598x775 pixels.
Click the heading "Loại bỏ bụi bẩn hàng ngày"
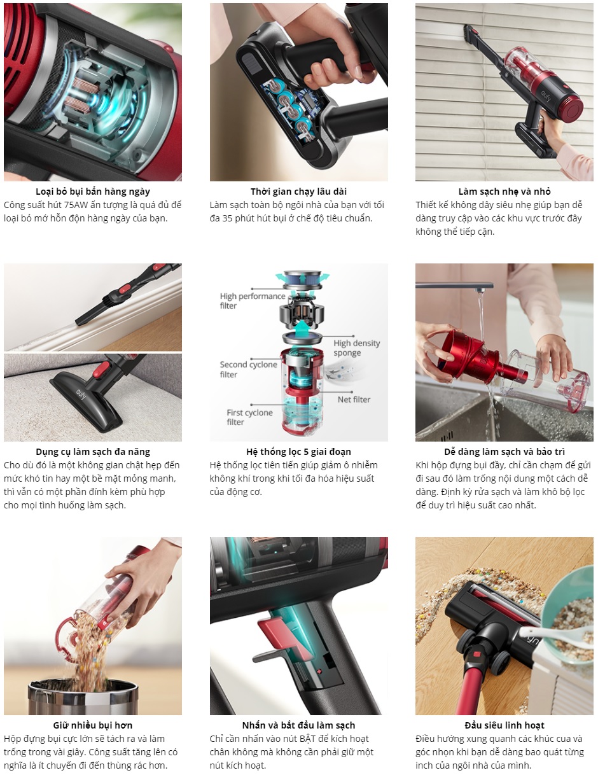click(93, 192)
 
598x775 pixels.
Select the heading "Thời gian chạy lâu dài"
click(298, 192)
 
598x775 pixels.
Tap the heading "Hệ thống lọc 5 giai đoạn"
click(298, 452)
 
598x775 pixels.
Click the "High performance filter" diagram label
click(252, 301)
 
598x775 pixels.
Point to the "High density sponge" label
click(357, 348)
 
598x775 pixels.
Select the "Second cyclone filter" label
click(248, 369)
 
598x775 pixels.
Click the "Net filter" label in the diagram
click(354, 400)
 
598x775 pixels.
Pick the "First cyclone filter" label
click(249, 417)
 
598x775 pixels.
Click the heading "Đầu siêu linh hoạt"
click(504, 725)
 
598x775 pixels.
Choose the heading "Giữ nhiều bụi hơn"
click(93, 725)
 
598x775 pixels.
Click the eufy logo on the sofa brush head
click(81, 393)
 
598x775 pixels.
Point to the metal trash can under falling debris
click(83, 697)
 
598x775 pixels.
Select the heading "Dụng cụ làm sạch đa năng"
click(93, 452)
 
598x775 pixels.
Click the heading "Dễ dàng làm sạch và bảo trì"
click(504, 452)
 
